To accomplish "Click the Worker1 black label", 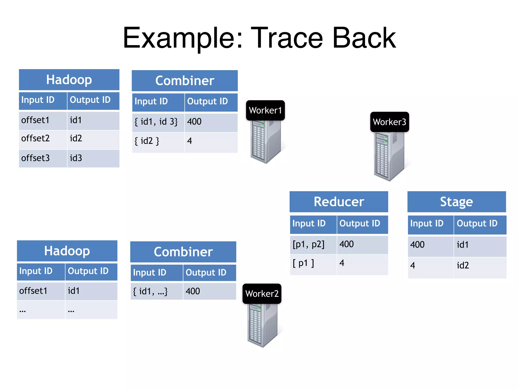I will click(x=265, y=110).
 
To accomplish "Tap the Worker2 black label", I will click(x=262, y=294).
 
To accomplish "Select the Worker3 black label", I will click(x=390, y=122).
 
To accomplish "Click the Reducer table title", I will click(x=339, y=202).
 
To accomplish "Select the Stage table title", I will click(x=457, y=202).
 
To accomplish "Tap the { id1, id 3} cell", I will click(x=158, y=122).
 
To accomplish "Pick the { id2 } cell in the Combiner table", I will click(x=158, y=141).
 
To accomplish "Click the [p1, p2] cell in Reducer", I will click(x=313, y=245).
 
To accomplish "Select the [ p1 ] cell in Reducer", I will click(x=313, y=264).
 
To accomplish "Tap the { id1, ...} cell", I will click(x=156, y=291).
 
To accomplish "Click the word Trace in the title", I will click(x=287, y=38).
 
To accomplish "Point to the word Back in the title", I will click(x=364, y=38).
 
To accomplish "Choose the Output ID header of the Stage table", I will click(x=480, y=224).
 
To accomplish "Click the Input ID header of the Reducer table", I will click(x=313, y=224).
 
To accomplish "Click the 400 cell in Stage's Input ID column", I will click(x=430, y=245).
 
